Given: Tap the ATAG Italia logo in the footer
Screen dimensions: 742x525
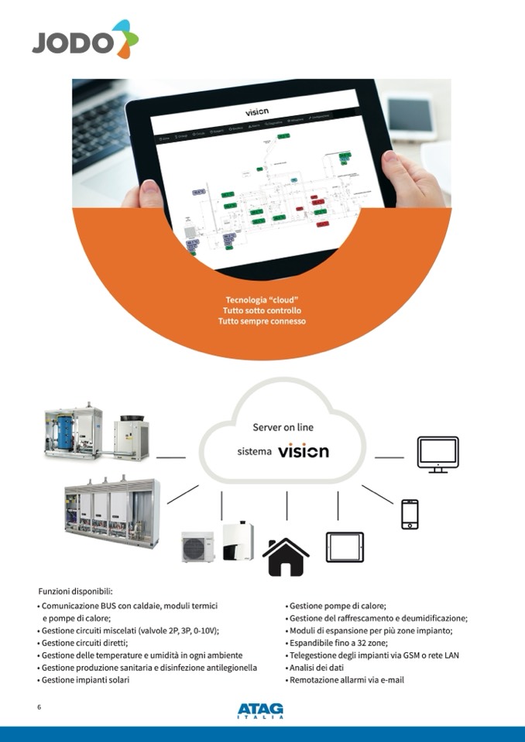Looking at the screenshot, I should pyautogui.click(x=260, y=710).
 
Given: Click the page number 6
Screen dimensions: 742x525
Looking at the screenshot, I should pyautogui.click(x=39, y=707).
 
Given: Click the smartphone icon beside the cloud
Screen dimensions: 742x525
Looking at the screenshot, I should pyautogui.click(x=410, y=514).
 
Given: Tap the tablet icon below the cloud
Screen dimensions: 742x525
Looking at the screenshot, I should pyautogui.click(x=345, y=546).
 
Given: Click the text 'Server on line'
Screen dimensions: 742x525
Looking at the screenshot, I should pyautogui.click(x=283, y=427).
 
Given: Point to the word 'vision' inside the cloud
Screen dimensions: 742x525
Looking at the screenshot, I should pyautogui.click(x=304, y=451).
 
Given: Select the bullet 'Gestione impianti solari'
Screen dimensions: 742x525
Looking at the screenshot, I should pyautogui.click(x=87, y=680).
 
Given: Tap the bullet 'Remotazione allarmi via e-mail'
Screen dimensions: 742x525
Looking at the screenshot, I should pyautogui.click(x=347, y=680).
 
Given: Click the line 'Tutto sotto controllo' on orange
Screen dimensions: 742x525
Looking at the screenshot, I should pyautogui.click(x=262, y=310).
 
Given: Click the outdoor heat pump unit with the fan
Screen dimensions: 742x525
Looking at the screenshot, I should pyautogui.click(x=198, y=545).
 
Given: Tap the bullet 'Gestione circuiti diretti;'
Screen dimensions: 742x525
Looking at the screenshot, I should pyautogui.click(x=85, y=643).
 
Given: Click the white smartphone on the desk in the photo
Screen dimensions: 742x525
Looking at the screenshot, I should pyautogui.click(x=407, y=116).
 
